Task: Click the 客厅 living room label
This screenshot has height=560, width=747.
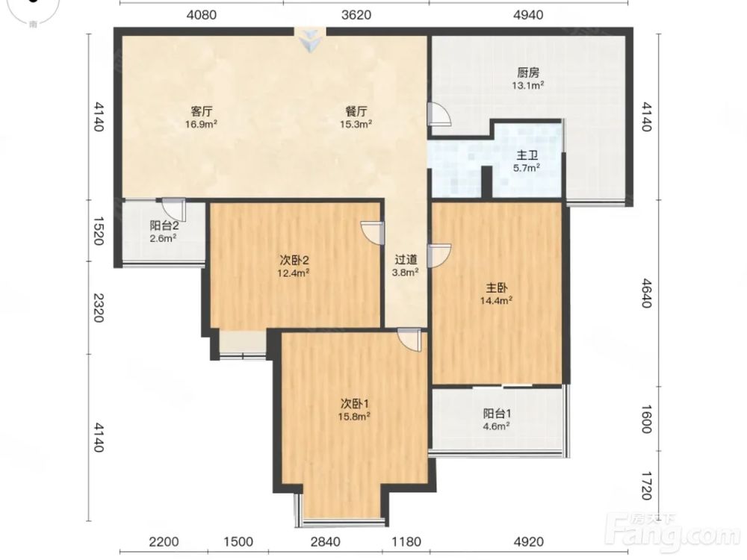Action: point(202,111)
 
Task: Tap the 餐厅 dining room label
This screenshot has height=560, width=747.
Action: point(356,111)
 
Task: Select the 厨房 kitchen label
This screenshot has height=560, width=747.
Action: point(528,73)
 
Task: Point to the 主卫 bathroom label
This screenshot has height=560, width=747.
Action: point(527,155)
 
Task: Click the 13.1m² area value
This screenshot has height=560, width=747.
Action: point(528,86)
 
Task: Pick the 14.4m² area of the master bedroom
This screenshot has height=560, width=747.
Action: point(496,300)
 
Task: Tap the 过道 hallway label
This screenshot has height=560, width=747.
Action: point(406,260)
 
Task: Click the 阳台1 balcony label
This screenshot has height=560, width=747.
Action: point(497,414)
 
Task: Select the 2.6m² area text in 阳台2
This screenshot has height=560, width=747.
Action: point(164,238)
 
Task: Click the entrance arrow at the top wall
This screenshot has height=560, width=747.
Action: point(310,41)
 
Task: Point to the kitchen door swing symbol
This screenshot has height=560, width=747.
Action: point(439,113)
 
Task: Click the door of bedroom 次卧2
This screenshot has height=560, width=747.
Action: point(373,233)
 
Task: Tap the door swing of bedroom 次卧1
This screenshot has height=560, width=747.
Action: point(409,340)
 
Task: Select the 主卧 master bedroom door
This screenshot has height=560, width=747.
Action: point(439,255)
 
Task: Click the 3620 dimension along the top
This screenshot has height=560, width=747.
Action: point(356,15)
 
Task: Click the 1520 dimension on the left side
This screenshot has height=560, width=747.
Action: point(98,231)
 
